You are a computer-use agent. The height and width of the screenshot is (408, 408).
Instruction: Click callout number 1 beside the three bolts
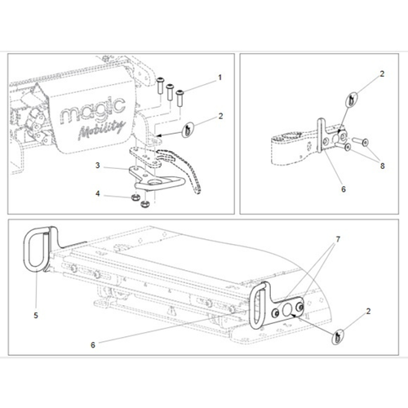(x=219, y=78)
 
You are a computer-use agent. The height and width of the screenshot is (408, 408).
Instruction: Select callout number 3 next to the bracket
(x=97, y=166)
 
